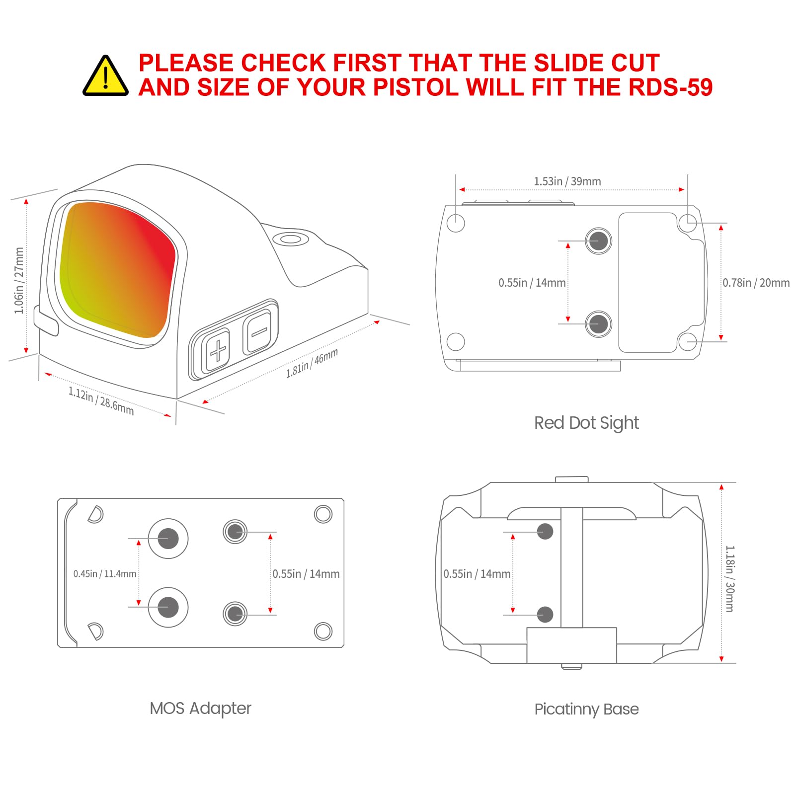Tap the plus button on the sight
coord(218,351)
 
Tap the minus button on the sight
coord(259,331)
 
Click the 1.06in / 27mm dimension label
coord(19,281)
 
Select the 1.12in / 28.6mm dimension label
coord(101,400)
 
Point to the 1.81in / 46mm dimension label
coord(312,363)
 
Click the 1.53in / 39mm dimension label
coord(567,181)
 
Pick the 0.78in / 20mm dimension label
coord(755,283)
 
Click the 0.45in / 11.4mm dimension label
coord(104,574)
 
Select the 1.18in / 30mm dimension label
coord(729,578)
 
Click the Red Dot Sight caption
coord(586,423)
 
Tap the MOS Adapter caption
coord(200,708)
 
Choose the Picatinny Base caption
coord(586,709)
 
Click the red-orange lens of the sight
coord(118,268)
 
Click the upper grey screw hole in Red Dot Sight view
coord(598,241)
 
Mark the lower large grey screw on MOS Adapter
coord(168,607)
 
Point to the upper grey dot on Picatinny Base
coord(545,531)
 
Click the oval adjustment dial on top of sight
coord(291,239)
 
